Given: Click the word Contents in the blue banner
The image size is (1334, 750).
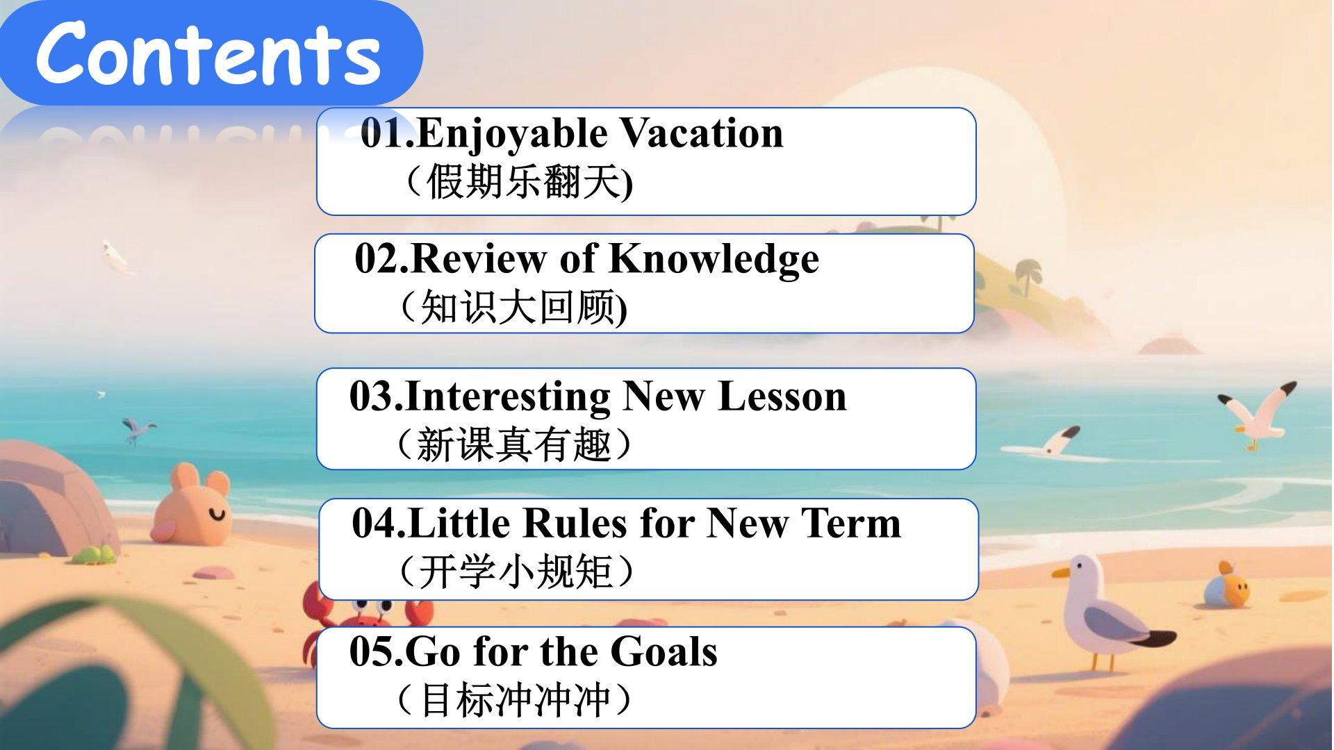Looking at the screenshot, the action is (x=208, y=53).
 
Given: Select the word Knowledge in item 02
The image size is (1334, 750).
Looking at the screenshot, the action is (x=714, y=260).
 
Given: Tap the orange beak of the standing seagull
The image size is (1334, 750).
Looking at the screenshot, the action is (x=1060, y=573).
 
